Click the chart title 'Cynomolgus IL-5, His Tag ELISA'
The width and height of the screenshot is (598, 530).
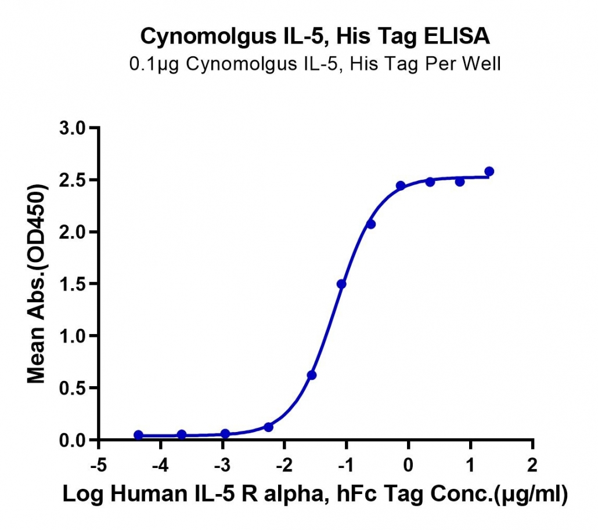coord(315,37)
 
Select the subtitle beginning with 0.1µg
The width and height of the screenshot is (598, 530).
coord(315,64)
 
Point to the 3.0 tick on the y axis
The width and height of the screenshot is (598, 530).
coord(73,128)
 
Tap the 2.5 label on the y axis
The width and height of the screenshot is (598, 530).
coord(73,180)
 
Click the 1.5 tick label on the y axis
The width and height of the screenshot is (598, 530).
coord(73,284)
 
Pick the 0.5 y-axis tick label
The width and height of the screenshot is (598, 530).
coord(73,388)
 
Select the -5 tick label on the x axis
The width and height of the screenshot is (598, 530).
coord(98,465)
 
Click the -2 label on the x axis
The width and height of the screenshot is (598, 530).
coord(284,465)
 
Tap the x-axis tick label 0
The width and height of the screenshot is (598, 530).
coord(408,465)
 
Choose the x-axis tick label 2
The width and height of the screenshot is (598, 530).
coord(532,465)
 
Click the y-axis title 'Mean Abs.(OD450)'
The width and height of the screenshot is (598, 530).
coord(37,284)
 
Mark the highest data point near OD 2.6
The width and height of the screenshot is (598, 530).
coord(489,172)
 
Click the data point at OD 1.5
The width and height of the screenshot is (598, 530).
coord(341,284)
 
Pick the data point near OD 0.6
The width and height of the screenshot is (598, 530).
coord(312,375)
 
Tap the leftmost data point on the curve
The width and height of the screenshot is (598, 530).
coord(138,435)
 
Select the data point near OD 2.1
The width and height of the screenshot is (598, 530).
coord(370,224)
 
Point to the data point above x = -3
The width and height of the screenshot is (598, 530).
coord(225,434)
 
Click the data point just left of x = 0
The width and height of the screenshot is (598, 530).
coord(401,186)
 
